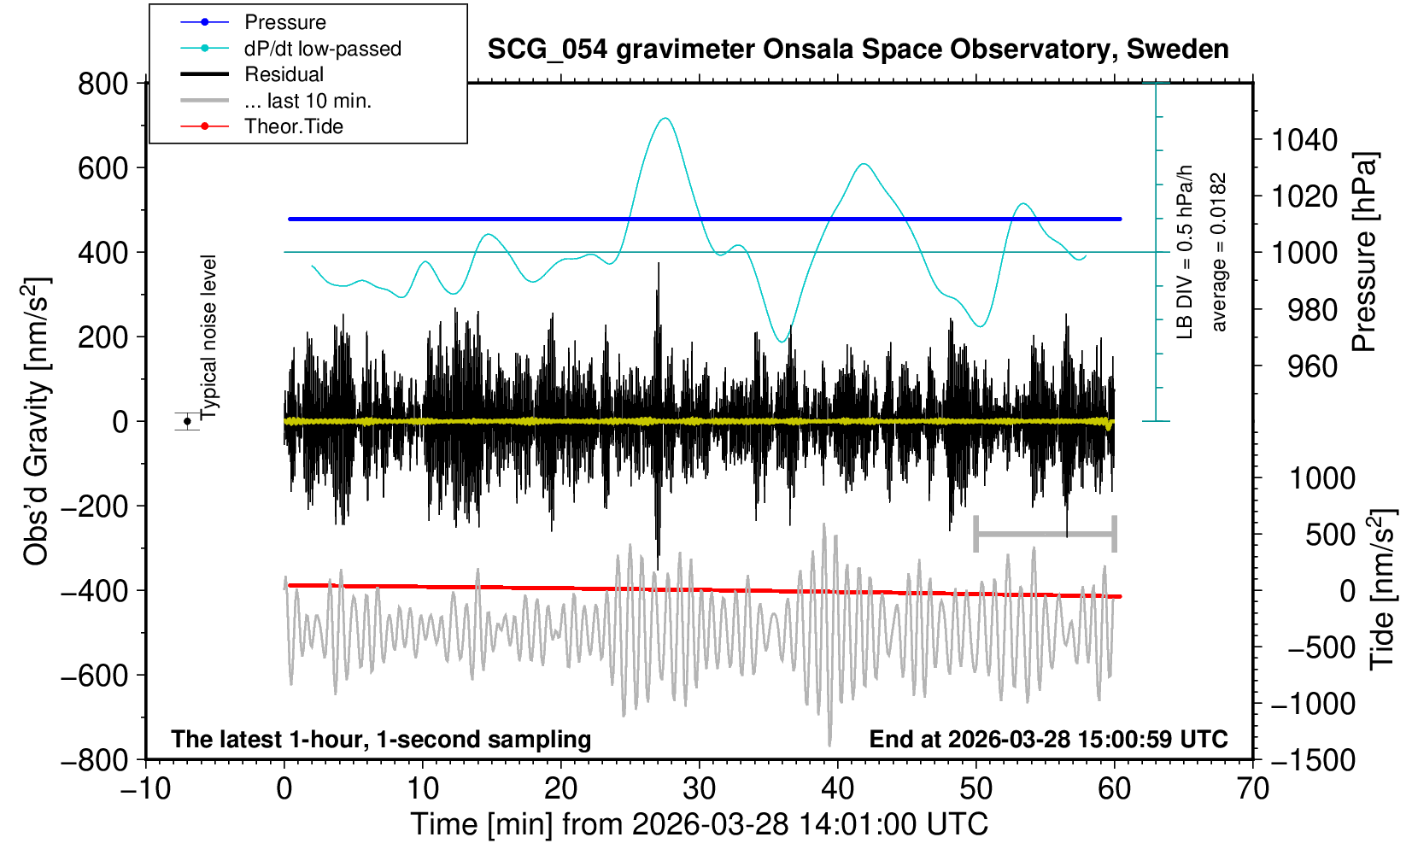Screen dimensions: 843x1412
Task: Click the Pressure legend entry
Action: [284, 22]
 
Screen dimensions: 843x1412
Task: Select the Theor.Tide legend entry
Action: [293, 126]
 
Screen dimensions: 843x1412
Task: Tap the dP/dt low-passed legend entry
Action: [322, 49]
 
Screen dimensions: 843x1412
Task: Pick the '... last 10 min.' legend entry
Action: [308, 101]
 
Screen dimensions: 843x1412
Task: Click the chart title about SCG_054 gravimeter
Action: [858, 50]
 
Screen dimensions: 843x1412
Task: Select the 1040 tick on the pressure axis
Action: [1304, 139]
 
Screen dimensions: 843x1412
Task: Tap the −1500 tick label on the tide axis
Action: [1314, 759]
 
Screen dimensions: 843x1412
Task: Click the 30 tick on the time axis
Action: [700, 787]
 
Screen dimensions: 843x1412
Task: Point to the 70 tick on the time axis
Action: [1252, 787]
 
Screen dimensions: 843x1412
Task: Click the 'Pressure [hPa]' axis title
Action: [1364, 253]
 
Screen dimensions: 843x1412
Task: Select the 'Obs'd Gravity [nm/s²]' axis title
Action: [37, 421]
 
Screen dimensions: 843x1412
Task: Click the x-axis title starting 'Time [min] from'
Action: [699, 824]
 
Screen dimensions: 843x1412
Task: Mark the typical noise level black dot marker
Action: [187, 421]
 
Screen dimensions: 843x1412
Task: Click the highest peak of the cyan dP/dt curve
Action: [665, 118]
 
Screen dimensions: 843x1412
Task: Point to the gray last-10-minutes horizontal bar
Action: [1045, 535]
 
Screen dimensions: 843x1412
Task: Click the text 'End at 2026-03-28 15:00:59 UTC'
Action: [1048, 739]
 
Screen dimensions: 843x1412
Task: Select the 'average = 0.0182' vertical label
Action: [1219, 252]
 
